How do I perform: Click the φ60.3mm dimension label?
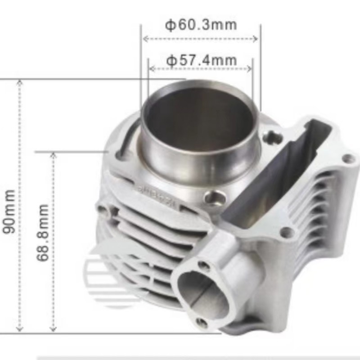201,25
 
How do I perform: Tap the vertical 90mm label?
9,211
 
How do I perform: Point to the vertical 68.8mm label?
43,233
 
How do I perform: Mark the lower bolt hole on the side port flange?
202,322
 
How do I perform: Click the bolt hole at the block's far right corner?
348,158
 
